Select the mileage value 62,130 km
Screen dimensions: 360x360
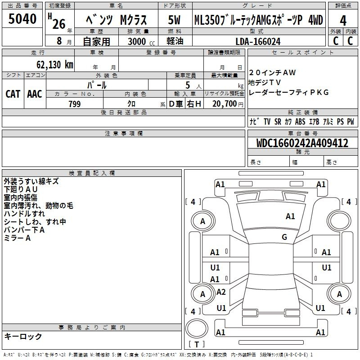52,65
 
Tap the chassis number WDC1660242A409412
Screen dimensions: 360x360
302,143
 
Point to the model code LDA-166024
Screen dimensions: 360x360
258,41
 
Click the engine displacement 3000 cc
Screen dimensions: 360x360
139,41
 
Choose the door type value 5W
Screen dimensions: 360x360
175,20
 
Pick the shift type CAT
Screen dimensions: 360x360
13,94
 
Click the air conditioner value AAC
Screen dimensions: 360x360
35,94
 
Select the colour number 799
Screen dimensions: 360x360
74,104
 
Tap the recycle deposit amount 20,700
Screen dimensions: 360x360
224,104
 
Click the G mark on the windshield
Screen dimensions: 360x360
284,237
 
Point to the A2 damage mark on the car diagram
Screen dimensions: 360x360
221,292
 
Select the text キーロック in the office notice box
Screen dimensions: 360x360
23,336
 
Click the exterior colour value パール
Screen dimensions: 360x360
97,85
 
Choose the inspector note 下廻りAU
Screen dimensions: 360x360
21,189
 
